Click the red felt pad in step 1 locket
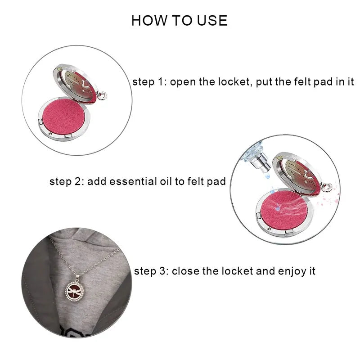[63, 117]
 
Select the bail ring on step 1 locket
[103, 95]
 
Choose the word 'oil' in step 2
[166, 181]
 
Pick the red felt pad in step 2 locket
[284, 209]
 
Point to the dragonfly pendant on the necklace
[74, 292]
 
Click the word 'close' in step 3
[185, 271]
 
